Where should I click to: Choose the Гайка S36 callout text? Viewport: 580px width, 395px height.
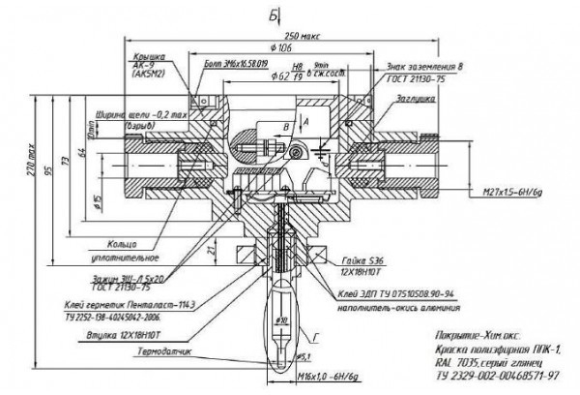point(362,261)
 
